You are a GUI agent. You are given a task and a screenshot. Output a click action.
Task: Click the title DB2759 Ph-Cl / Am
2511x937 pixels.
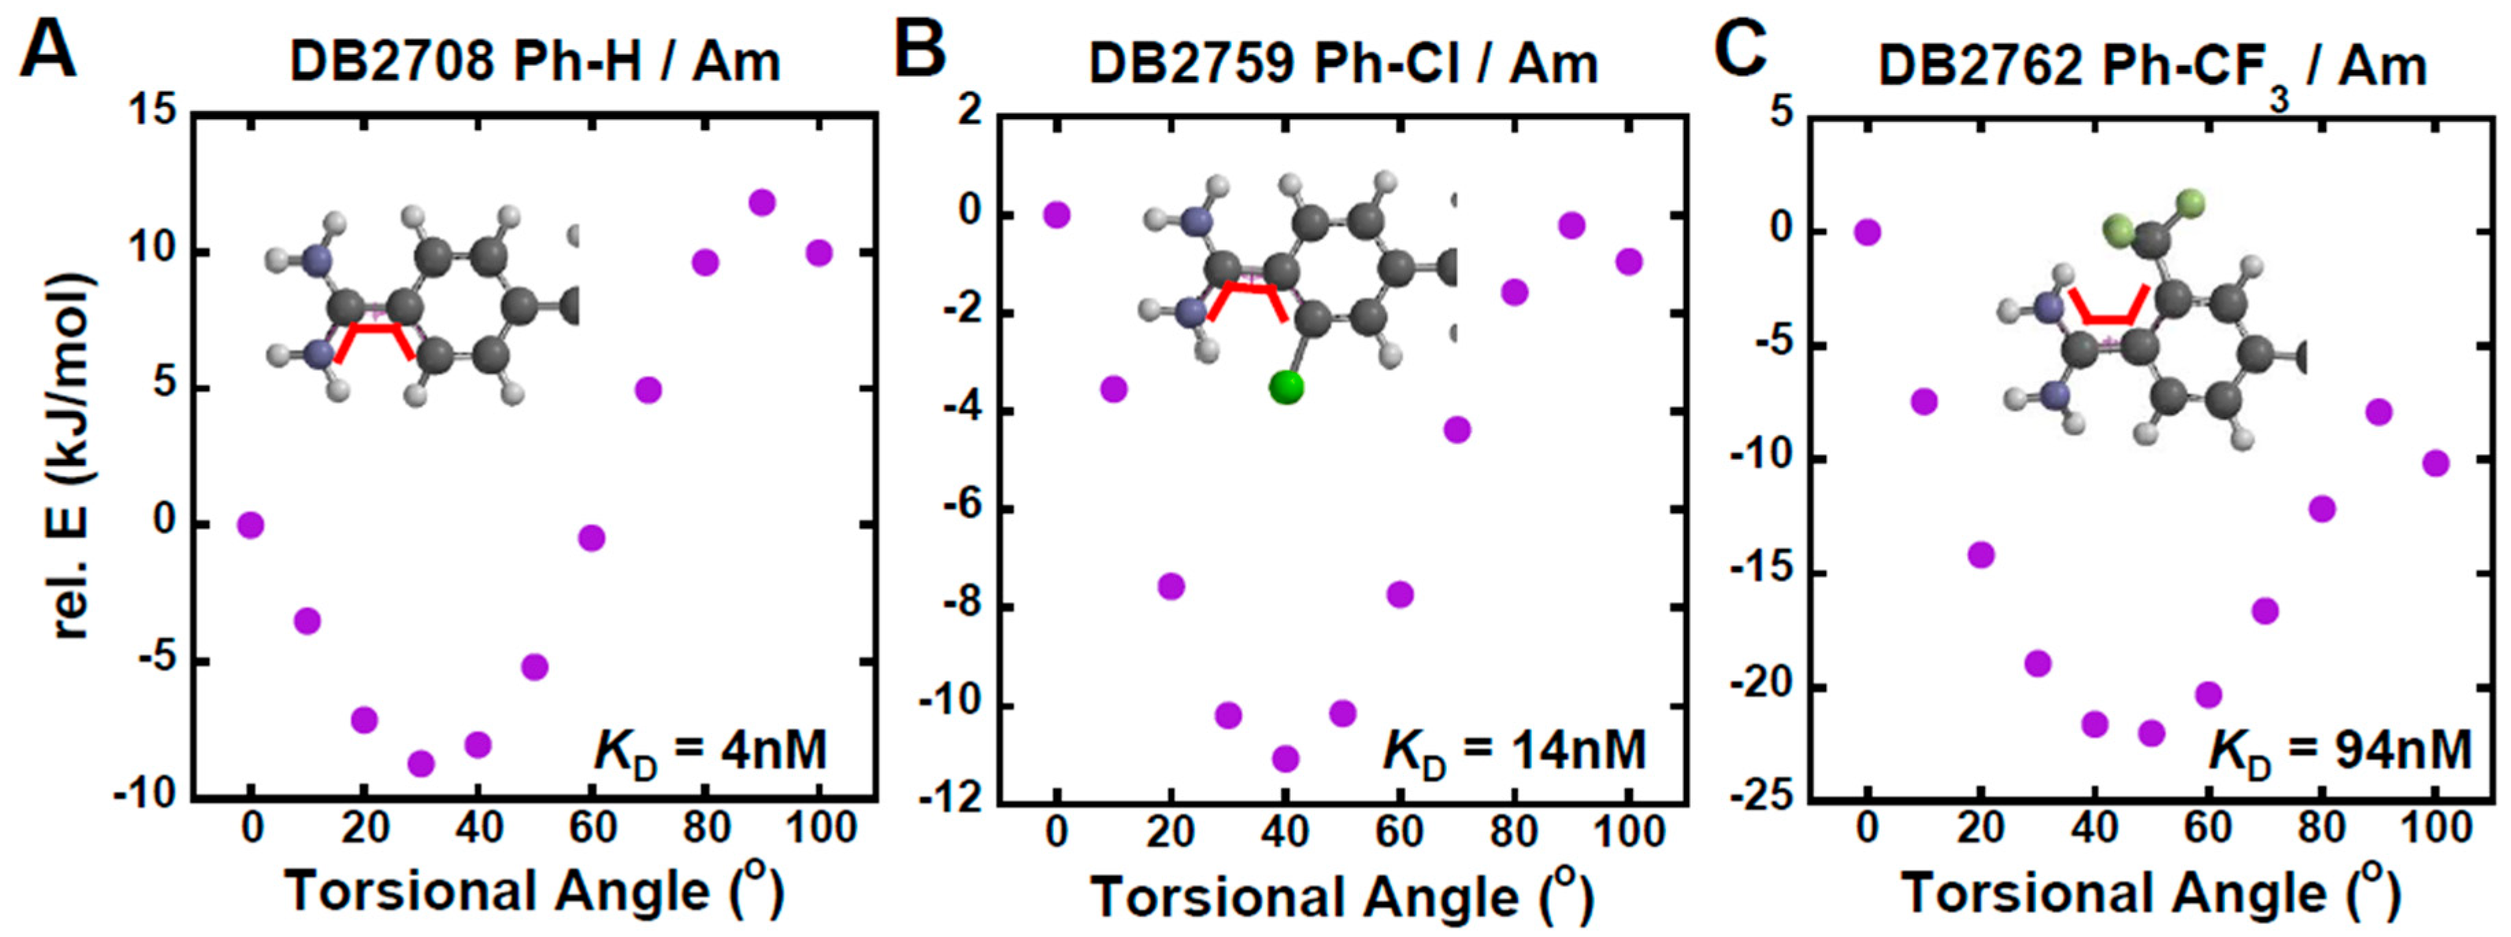click(1342, 65)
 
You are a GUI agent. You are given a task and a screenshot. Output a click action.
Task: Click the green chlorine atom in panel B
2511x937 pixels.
click(1286, 387)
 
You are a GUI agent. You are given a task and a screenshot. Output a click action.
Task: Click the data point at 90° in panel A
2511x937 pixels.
click(762, 203)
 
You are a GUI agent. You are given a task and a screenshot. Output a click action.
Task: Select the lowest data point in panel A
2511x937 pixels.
click(421, 764)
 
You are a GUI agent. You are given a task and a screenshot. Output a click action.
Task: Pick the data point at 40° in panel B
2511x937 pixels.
click(1286, 758)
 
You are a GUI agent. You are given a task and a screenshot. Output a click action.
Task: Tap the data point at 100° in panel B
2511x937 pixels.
click(1629, 262)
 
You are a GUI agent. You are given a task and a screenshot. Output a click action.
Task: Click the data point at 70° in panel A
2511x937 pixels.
click(648, 390)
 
